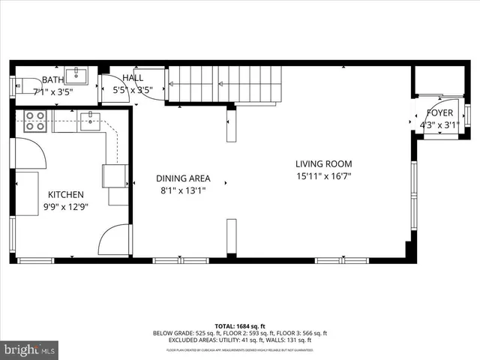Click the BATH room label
pos(52,79)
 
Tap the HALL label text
pos(133,77)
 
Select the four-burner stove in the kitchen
pos(35,121)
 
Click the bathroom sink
pos(76,76)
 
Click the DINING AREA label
pos(183,178)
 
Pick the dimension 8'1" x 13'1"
pos(183,190)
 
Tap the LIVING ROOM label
pos(323,164)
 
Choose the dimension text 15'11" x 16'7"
pos(323,177)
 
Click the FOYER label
pos(440,113)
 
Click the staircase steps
pos(225,83)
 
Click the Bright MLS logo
pos(30,349)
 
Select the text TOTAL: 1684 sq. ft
pos(240,326)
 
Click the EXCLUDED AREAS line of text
pos(240,340)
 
